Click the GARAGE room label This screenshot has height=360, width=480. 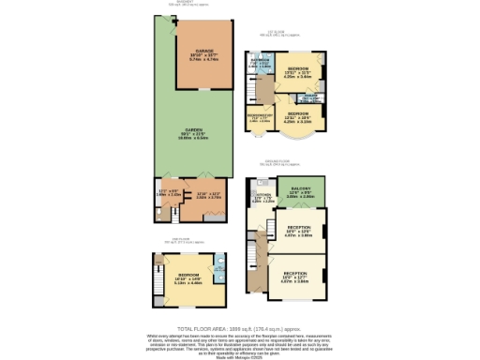coord(204,51)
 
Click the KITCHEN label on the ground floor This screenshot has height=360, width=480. coord(263,196)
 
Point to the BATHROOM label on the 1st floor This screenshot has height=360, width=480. coord(260,62)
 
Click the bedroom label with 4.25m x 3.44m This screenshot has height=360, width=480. coord(298,69)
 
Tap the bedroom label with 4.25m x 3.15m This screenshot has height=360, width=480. coord(298,114)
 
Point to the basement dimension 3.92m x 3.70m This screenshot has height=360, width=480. coord(195,198)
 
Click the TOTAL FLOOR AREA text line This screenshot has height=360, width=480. coord(240,328)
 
